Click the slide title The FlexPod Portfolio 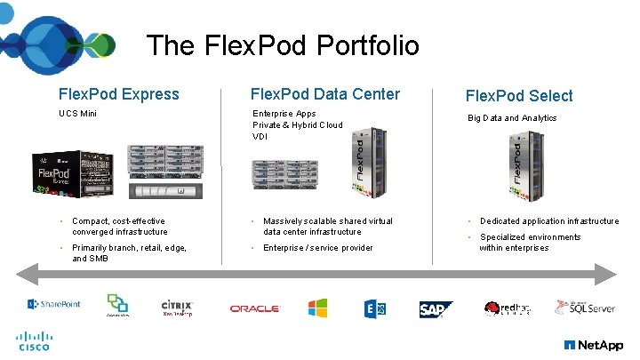(x=282, y=45)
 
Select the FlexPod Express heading (x=118, y=94)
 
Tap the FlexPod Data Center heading (x=325, y=94)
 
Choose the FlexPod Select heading (x=520, y=96)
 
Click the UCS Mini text (x=78, y=114)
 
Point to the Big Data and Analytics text (x=512, y=117)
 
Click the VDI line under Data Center (x=260, y=137)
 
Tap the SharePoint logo (x=54, y=304)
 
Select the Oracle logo (x=254, y=308)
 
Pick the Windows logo (x=317, y=308)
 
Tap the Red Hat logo (x=507, y=308)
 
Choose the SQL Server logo (x=584, y=308)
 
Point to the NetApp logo (x=593, y=345)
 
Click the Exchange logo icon (x=374, y=308)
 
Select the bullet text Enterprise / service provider (x=317, y=248)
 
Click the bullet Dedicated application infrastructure (x=549, y=221)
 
